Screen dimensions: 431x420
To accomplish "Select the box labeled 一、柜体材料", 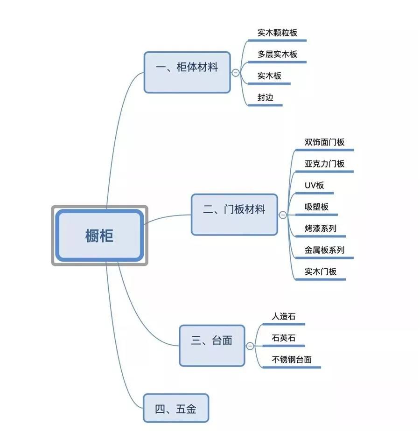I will pyautogui.click(x=187, y=72).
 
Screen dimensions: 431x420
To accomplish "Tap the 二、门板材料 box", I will pyautogui.click(x=234, y=215).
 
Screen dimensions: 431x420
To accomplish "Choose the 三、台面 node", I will pyautogui.click(x=212, y=345).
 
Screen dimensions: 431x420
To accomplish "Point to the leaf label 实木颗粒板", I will pyautogui.click(x=277, y=33).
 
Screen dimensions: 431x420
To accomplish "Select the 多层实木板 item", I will pyautogui.click(x=277, y=54).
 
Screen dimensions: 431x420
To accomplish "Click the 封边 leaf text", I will pyautogui.click(x=265, y=97).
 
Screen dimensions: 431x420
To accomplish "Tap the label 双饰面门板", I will pyautogui.click(x=324, y=142).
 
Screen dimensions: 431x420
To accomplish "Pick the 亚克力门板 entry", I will pyautogui.click(x=324, y=163).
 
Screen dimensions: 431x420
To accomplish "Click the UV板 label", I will pyautogui.click(x=314, y=185).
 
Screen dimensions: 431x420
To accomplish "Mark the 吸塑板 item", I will pyautogui.click(x=316, y=207).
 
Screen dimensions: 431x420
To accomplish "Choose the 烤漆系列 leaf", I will pyautogui.click(x=320, y=228).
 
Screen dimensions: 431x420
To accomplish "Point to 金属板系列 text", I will pyautogui.click(x=324, y=250).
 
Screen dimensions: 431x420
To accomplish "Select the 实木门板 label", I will pyautogui.click(x=320, y=271).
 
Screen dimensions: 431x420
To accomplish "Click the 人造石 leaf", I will pyautogui.click(x=284, y=316).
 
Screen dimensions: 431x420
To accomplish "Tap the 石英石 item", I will pyautogui.click(x=284, y=338).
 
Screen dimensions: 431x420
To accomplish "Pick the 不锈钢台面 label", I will pyautogui.click(x=292, y=359).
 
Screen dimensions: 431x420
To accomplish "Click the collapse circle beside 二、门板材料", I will pyautogui.click(x=283, y=215).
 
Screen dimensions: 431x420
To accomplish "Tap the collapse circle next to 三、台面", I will pyautogui.click(x=250, y=346).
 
